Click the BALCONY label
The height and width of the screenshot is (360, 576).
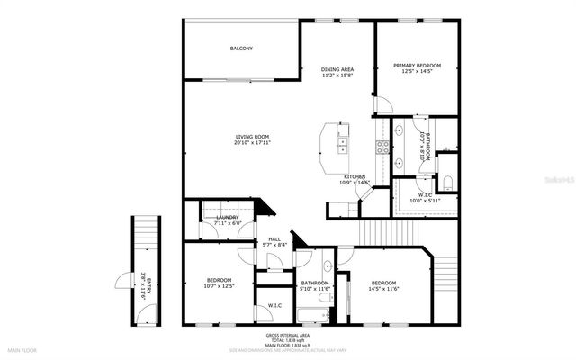[240, 48]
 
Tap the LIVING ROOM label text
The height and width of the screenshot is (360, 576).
[253, 137]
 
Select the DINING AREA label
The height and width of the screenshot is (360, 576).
[337, 69]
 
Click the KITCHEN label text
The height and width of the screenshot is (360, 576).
[355, 176]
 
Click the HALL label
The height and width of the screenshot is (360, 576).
[274, 239]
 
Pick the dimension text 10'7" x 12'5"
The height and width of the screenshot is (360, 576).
[219, 286]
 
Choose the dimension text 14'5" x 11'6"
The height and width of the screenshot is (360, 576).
[382, 288]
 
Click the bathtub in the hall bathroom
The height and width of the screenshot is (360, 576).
[312, 315]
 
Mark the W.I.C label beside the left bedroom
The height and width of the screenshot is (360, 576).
[274, 306]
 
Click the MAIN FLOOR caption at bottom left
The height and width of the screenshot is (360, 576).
[22, 349]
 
